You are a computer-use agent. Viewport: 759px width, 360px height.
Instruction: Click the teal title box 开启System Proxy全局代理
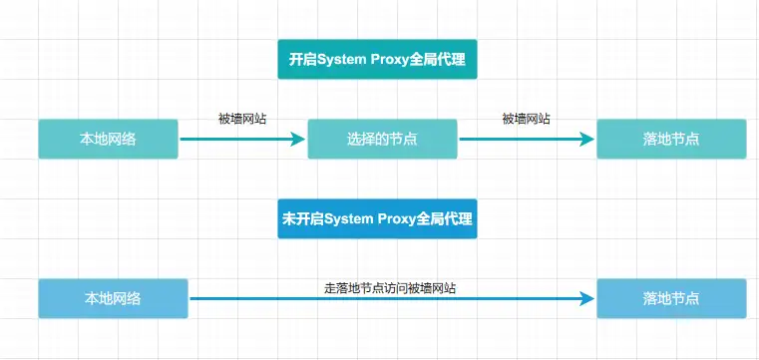tap(377, 60)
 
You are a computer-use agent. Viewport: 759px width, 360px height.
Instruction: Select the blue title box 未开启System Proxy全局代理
tap(377, 218)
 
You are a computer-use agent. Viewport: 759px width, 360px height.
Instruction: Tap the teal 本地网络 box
tap(108, 139)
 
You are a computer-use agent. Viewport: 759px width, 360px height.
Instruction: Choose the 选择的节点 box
tap(382, 139)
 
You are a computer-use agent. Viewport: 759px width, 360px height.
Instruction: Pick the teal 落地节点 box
tap(671, 139)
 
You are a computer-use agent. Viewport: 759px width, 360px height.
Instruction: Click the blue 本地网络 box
tap(113, 298)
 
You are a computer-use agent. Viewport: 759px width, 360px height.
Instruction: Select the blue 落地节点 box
tap(671, 298)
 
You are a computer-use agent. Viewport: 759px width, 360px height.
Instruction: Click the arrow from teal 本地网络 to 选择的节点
tap(239, 139)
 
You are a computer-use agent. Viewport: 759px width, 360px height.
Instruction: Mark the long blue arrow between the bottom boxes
tap(389, 298)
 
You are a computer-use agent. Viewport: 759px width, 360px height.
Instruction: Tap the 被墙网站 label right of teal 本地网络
tap(242, 119)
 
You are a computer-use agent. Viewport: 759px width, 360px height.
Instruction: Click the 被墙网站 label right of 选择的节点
tap(526, 119)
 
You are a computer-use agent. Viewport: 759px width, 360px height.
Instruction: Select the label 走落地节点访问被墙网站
tap(391, 288)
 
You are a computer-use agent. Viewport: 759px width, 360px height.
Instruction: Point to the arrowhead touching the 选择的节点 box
tap(296, 139)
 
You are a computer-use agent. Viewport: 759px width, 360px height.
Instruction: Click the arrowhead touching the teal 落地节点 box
tap(586, 139)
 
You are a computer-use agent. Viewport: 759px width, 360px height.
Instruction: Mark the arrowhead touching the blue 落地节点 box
tap(586, 298)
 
